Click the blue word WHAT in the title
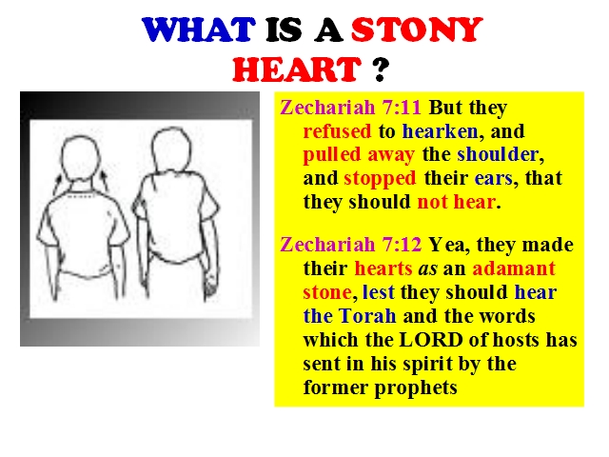coord(199,30)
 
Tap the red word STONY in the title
coord(417,30)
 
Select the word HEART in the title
coord(297,69)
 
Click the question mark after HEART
coord(382,70)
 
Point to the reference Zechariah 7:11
coord(350,107)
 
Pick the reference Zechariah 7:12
coord(350,245)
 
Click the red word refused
coord(337,131)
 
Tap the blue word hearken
coord(440,131)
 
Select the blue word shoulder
coord(498,154)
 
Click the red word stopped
coord(380,179)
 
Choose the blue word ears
coord(493,179)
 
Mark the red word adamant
coord(514,268)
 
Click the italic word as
coord(427,269)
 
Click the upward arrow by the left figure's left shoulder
coord(57,184)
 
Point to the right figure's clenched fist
coord(211,287)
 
